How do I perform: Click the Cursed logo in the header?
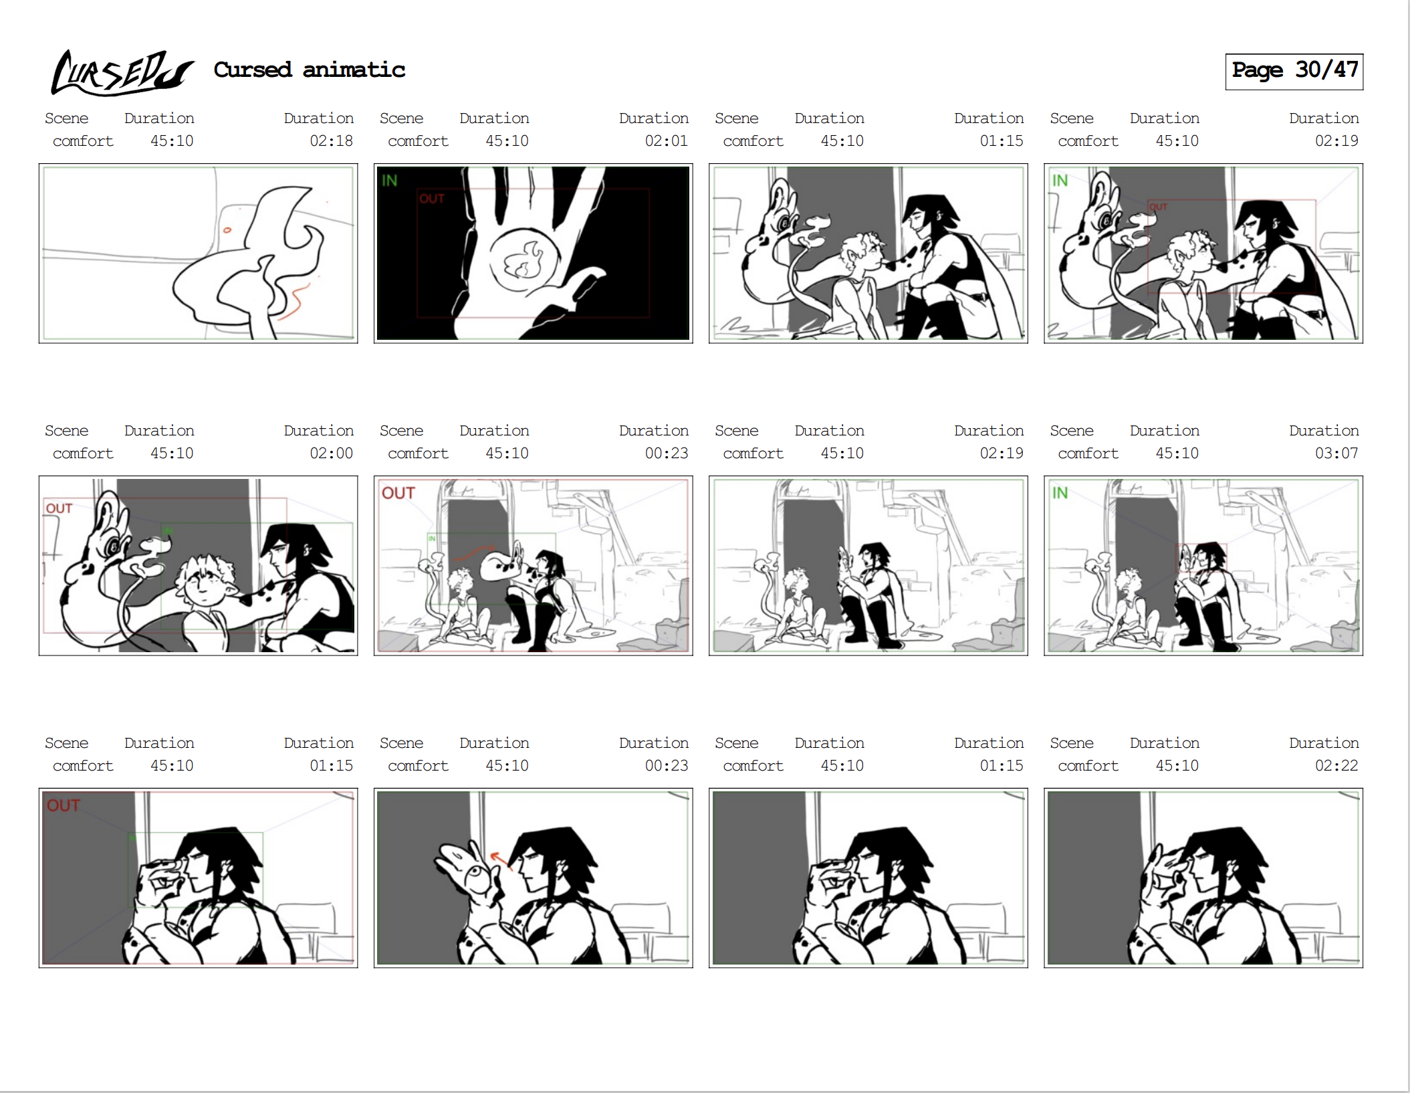coord(122,72)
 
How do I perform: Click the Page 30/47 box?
coord(1294,71)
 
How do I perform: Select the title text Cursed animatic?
coord(309,70)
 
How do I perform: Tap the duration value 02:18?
coord(331,141)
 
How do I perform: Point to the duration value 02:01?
coord(666,141)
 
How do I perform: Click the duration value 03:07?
coord(1336,454)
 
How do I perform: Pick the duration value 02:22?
coord(1336,766)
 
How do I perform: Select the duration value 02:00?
coord(331,454)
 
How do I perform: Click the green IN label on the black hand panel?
coord(389,181)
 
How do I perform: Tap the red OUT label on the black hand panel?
coord(432,199)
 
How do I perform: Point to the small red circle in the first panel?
coord(227,230)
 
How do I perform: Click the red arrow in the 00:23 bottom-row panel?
coord(501,860)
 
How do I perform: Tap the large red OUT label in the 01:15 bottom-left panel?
coord(64,805)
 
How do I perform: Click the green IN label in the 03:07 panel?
coord(1060,493)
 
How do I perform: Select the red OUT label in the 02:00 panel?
coord(59,508)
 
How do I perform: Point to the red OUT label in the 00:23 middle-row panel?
coord(398,493)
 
